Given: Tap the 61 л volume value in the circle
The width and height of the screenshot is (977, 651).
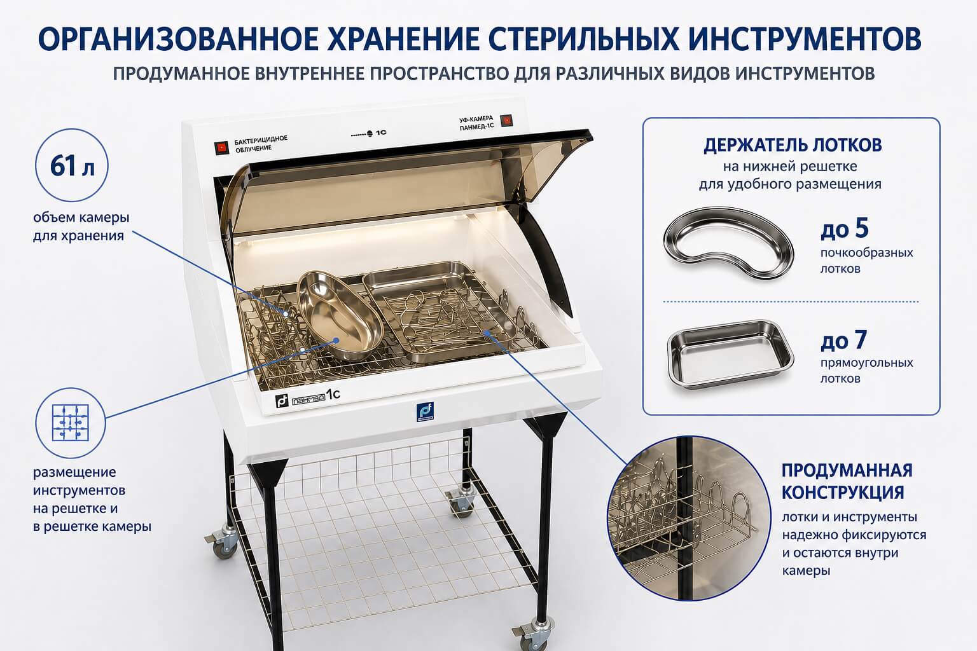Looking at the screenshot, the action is [x=73, y=166].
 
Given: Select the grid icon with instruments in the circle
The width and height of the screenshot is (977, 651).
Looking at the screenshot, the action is [x=70, y=423].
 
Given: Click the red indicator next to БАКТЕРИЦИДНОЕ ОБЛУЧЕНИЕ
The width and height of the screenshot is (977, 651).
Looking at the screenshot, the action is [x=221, y=148].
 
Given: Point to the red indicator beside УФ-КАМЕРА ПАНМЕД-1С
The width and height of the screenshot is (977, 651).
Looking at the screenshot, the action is [x=506, y=121].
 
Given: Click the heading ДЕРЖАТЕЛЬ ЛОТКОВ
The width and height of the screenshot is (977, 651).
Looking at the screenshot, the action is [x=793, y=145].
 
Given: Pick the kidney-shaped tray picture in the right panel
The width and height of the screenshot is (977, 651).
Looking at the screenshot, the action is [x=728, y=243].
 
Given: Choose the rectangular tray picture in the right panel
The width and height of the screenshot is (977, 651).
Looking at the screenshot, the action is [x=730, y=353].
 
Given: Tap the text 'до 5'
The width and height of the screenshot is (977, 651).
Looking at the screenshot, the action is [x=845, y=228].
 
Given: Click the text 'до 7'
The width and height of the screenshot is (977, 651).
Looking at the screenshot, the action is [x=843, y=340].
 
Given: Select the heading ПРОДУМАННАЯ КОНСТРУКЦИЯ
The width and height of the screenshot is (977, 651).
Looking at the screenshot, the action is [x=847, y=481].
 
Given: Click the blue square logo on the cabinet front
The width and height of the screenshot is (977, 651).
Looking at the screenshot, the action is [x=424, y=411].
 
